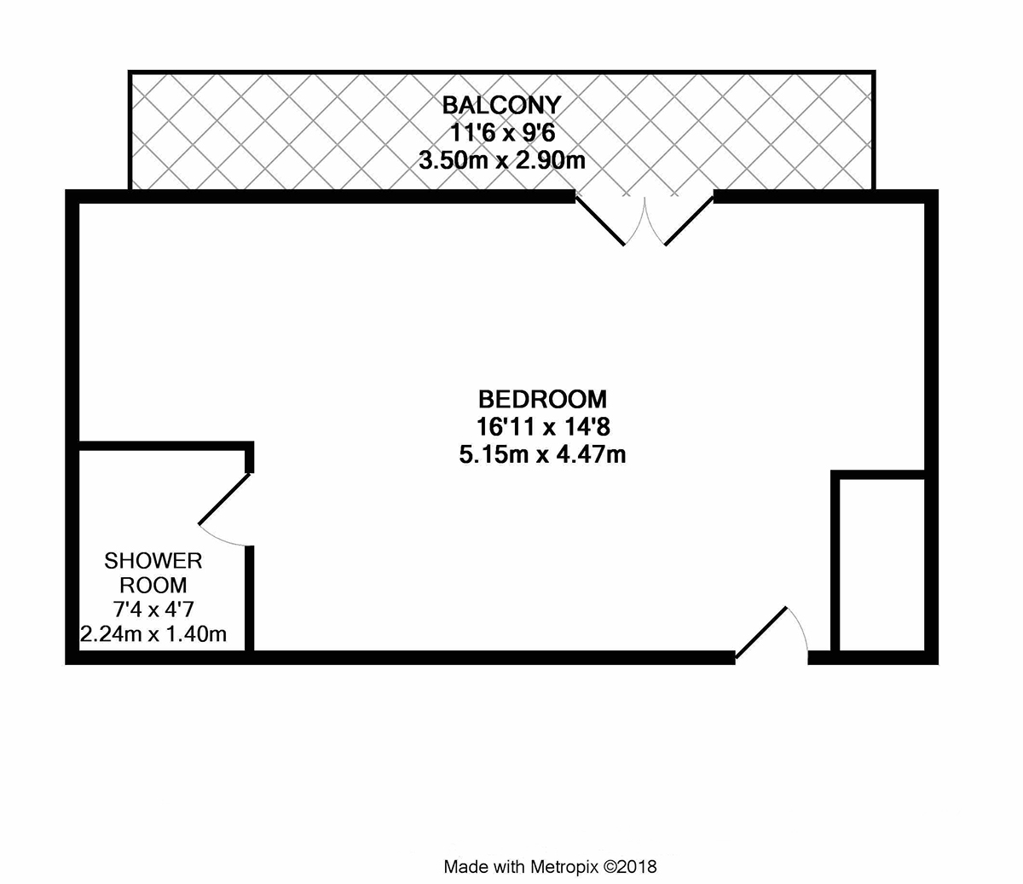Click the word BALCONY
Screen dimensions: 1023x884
[x=501, y=105]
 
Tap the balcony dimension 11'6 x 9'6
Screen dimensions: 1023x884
[x=502, y=133]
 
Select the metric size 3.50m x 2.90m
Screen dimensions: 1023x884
[x=502, y=160]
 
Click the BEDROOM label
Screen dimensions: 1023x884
[x=542, y=399]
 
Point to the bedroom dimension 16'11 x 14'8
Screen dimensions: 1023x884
[x=543, y=426]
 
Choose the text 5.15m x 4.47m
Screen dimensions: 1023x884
[x=542, y=454]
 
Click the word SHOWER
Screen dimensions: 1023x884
[x=153, y=561]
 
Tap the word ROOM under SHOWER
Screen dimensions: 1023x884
[x=153, y=585]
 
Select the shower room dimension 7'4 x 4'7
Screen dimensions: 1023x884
[x=153, y=610]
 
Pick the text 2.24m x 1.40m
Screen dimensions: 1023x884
[x=153, y=633]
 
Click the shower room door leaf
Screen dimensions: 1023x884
[x=224, y=499]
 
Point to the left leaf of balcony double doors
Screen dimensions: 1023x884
[x=600, y=220]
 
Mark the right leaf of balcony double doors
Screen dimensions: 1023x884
[x=689, y=220]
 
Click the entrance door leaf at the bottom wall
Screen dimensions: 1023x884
[x=761, y=633]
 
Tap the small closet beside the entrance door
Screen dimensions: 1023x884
[x=882, y=564]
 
